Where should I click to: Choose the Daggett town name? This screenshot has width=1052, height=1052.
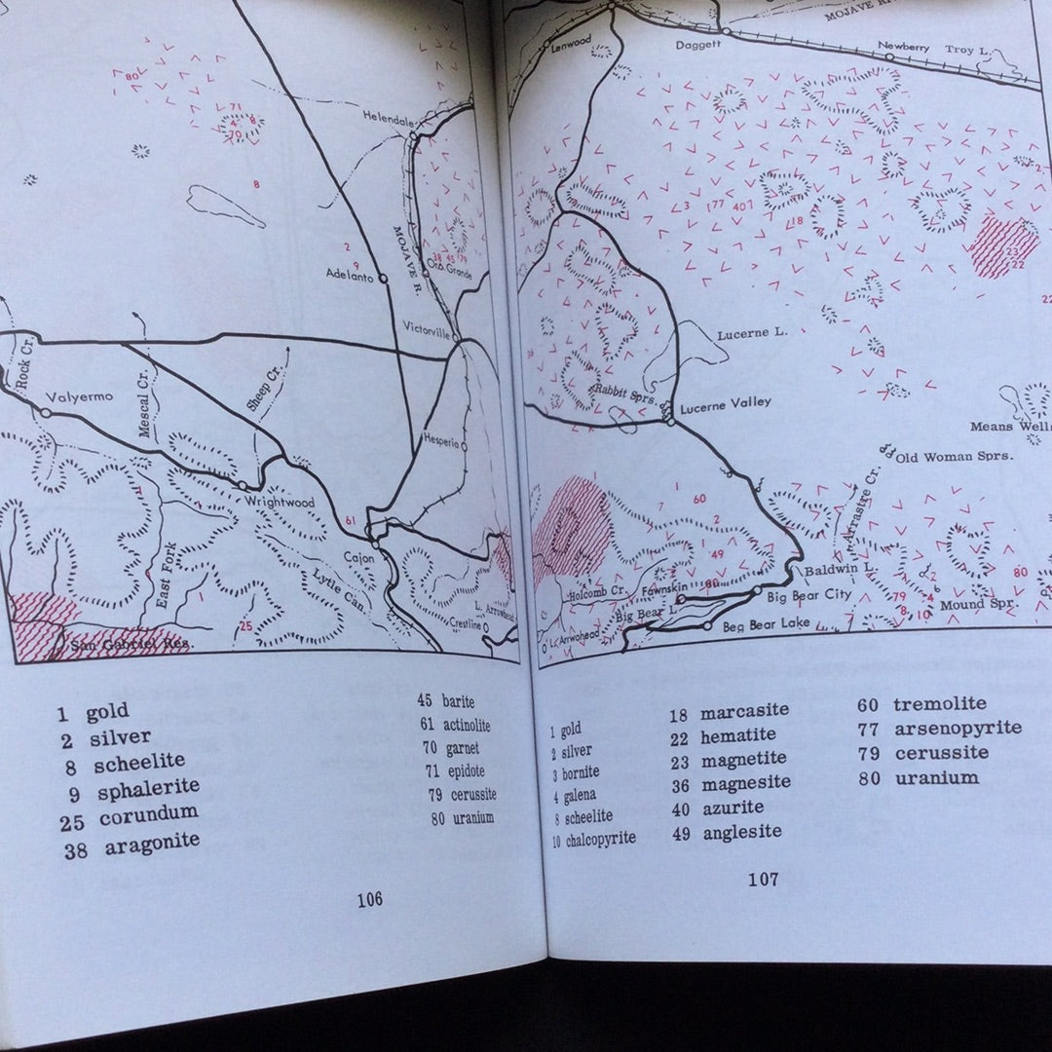click(x=699, y=45)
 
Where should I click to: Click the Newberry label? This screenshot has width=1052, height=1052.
click(x=903, y=47)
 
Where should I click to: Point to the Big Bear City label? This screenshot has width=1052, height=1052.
click(x=809, y=594)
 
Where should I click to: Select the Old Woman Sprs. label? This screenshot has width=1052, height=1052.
click(x=954, y=456)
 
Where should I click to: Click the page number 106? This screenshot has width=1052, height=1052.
click(x=369, y=899)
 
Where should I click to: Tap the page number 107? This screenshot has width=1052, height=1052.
click(x=763, y=880)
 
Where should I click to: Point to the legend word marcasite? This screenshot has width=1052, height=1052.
click(x=744, y=711)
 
